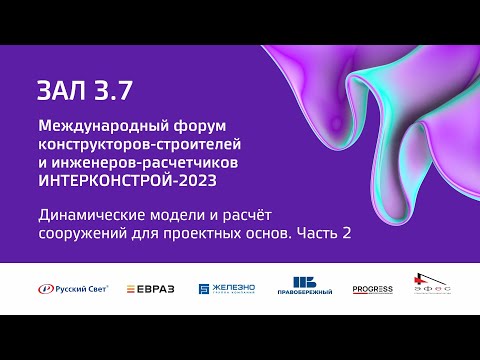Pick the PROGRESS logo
(372, 288)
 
